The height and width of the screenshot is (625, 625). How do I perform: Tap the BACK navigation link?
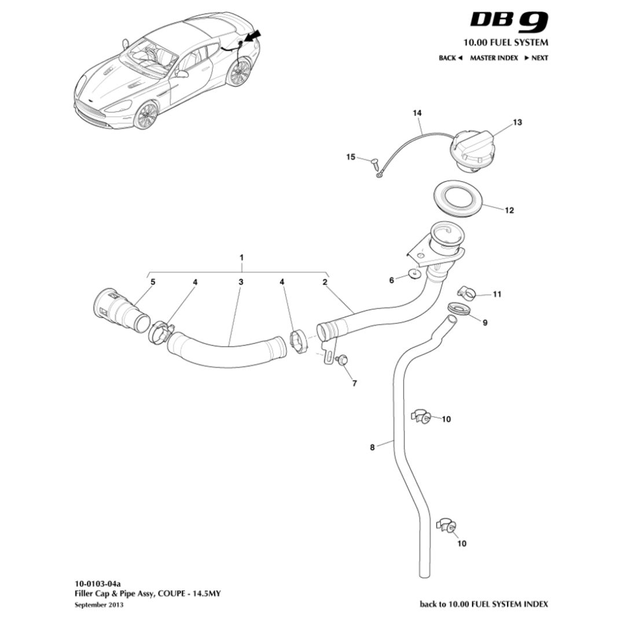pos(450,58)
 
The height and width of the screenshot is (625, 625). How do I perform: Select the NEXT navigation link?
pos(536,58)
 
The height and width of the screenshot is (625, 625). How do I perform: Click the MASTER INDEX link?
pos(493,58)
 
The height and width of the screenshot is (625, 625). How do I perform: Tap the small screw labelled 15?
pos(373,163)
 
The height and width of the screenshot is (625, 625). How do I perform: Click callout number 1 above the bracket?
pos(242,256)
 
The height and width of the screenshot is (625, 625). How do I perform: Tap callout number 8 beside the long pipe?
pos(372,447)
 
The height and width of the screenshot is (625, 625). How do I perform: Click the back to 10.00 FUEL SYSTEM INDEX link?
pos(483,604)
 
